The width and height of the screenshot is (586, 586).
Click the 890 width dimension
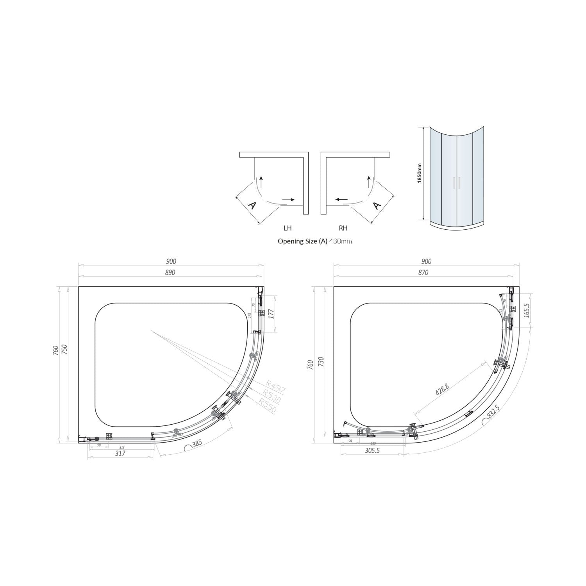pos(170,273)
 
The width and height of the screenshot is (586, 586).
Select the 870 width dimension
pos(423,273)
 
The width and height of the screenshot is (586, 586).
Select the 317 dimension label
pos(120,453)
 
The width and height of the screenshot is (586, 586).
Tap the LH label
pos(288,228)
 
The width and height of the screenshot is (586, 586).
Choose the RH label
pos(343,228)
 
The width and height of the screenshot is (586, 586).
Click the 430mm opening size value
pos(340,241)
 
